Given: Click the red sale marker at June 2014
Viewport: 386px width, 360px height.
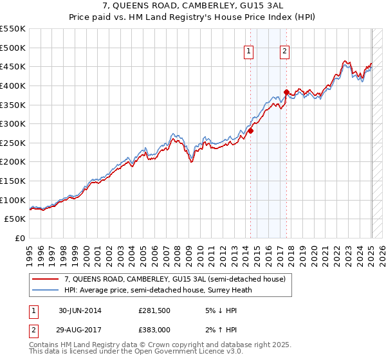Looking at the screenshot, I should click(250, 130).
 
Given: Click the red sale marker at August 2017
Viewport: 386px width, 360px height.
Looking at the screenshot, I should click(286, 92).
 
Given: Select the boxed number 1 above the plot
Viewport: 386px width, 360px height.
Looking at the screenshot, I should click(248, 53).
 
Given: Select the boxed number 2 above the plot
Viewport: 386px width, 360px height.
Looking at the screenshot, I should click(284, 53).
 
